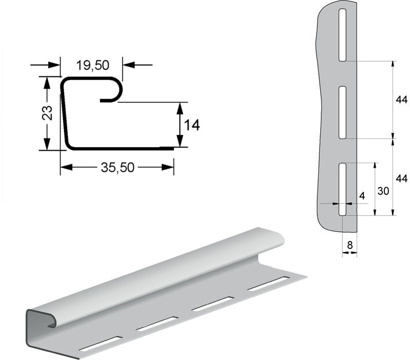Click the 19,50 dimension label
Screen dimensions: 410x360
point(93,66)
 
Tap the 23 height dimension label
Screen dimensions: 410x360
point(47,113)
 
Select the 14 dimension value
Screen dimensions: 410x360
point(192,125)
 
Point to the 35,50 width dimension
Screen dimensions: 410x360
point(117,168)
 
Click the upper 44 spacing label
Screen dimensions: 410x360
point(401,99)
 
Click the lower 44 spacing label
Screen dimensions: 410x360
point(401,178)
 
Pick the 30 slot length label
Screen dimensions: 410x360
point(383,191)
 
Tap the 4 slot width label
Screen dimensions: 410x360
point(362,196)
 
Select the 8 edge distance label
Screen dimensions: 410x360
point(350,245)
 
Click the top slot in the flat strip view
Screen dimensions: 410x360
point(342,35)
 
